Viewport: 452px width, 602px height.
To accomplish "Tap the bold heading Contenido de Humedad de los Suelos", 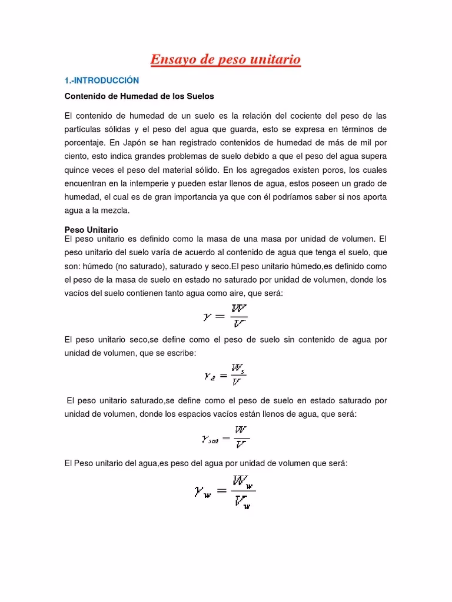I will point(138,95).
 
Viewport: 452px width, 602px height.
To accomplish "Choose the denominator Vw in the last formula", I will point(241,502).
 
